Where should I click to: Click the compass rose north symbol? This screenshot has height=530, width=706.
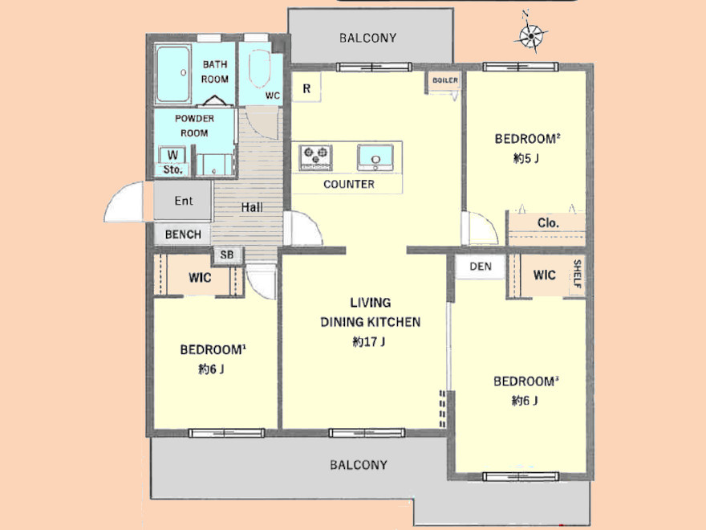click(531, 35)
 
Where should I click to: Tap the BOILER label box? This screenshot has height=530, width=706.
click(444, 80)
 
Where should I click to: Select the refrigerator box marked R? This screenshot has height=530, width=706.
click(306, 88)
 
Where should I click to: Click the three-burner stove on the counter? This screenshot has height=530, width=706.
click(315, 157)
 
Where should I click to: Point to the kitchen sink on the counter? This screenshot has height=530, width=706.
click(375, 157)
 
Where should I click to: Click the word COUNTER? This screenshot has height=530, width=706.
click(349, 184)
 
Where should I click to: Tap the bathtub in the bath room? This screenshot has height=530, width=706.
click(173, 73)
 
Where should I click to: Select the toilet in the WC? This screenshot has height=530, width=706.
click(259, 68)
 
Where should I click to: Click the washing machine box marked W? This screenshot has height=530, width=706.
click(172, 155)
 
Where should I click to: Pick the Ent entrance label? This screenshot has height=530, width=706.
click(184, 201)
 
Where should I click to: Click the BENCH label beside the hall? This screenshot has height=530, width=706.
click(183, 234)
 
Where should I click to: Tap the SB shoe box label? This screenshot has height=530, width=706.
click(227, 255)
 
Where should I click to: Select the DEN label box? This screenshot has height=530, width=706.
click(480, 267)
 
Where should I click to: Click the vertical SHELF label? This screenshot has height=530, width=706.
click(577, 274)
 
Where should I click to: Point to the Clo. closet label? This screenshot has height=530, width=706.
click(548, 223)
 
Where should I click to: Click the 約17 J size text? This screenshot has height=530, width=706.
click(369, 341)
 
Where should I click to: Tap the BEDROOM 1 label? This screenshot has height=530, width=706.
click(213, 349)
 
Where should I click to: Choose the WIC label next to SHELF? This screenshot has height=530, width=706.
click(545, 275)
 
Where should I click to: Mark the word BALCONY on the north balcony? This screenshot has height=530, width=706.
click(368, 38)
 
